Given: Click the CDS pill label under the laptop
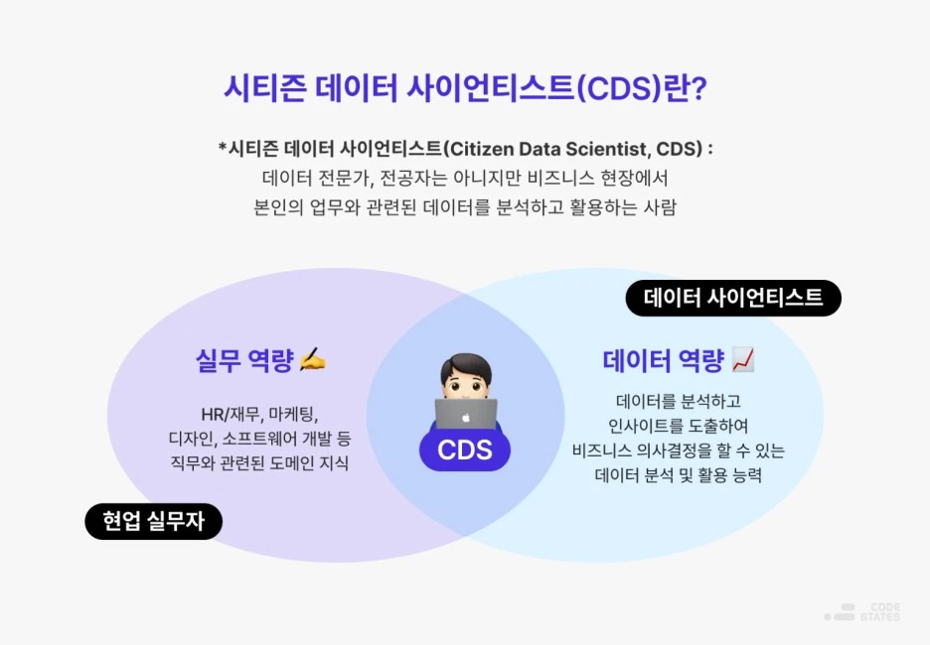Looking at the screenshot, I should click(x=465, y=450).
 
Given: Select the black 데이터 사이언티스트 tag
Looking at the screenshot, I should click(x=733, y=298).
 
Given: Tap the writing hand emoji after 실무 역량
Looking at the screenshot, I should click(x=312, y=360).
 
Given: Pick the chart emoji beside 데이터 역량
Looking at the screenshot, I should click(x=742, y=359).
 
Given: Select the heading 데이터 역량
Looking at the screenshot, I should click(x=663, y=360).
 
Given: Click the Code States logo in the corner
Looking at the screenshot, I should click(x=862, y=612).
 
